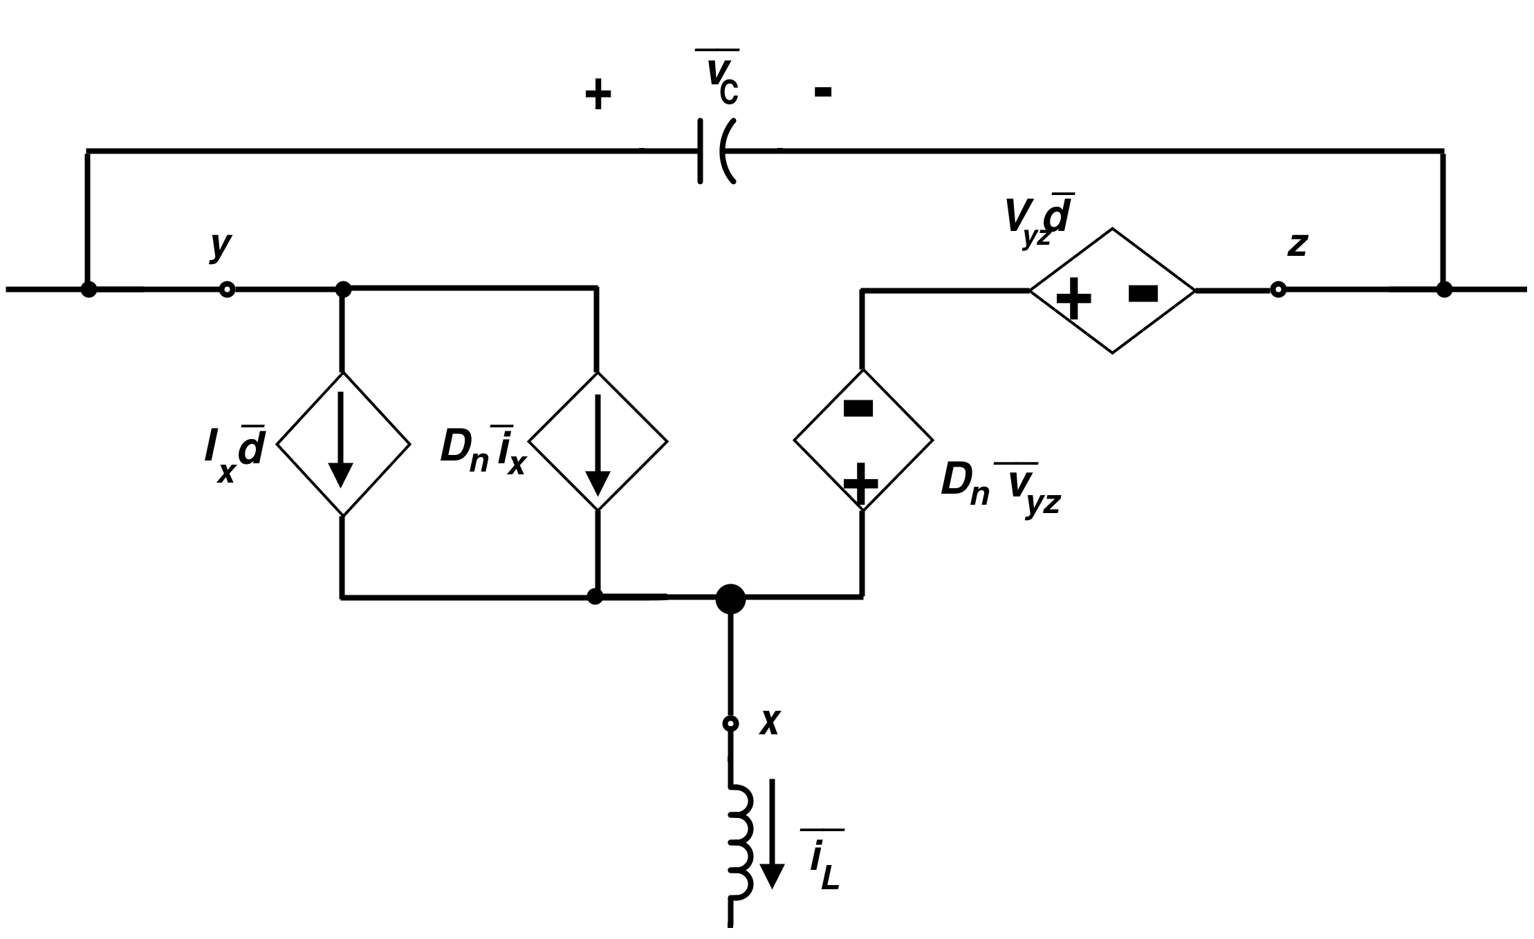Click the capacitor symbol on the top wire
coord(716,151)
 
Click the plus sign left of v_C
coord(598,95)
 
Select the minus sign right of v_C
coord(822,91)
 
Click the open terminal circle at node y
coord(227,290)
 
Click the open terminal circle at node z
coord(1278,290)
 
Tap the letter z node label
coord(1297,245)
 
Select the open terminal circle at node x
coord(730,723)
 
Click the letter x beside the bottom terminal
coord(770,722)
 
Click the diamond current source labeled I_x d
coord(343,443)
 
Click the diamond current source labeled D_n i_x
coord(598,441)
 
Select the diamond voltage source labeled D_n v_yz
coord(862,440)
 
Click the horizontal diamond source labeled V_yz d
coord(1112,291)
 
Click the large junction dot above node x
coord(730,598)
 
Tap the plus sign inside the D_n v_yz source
coord(861,483)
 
